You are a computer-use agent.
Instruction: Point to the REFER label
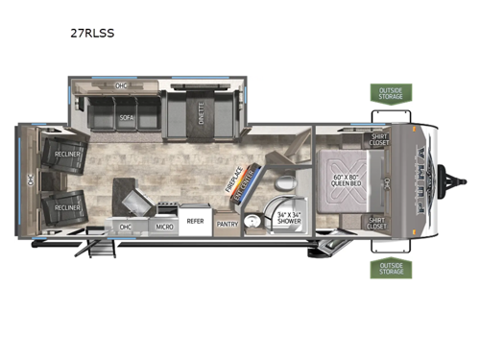click(195, 222)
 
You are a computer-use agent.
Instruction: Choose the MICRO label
click(164, 227)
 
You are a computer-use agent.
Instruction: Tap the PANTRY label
click(228, 225)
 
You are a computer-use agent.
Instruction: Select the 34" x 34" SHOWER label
click(287, 217)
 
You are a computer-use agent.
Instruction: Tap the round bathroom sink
click(252, 221)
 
